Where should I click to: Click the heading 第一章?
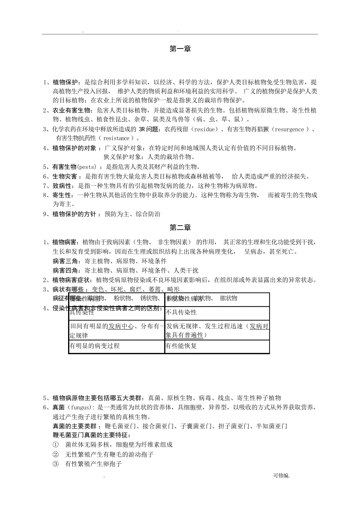click(x=180, y=49)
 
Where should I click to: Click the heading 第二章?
click(x=180, y=228)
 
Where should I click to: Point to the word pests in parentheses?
click(x=86, y=167)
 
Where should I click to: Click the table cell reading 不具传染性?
click(x=182, y=313)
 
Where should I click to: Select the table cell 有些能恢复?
click(x=182, y=346)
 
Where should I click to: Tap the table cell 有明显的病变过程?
click(x=94, y=346)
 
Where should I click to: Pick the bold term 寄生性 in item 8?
click(x=62, y=195)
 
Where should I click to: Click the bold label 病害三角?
click(x=67, y=261)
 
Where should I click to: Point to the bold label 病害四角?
click(x=67, y=271)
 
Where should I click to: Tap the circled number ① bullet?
click(x=56, y=445)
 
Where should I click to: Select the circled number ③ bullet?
click(x=56, y=464)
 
